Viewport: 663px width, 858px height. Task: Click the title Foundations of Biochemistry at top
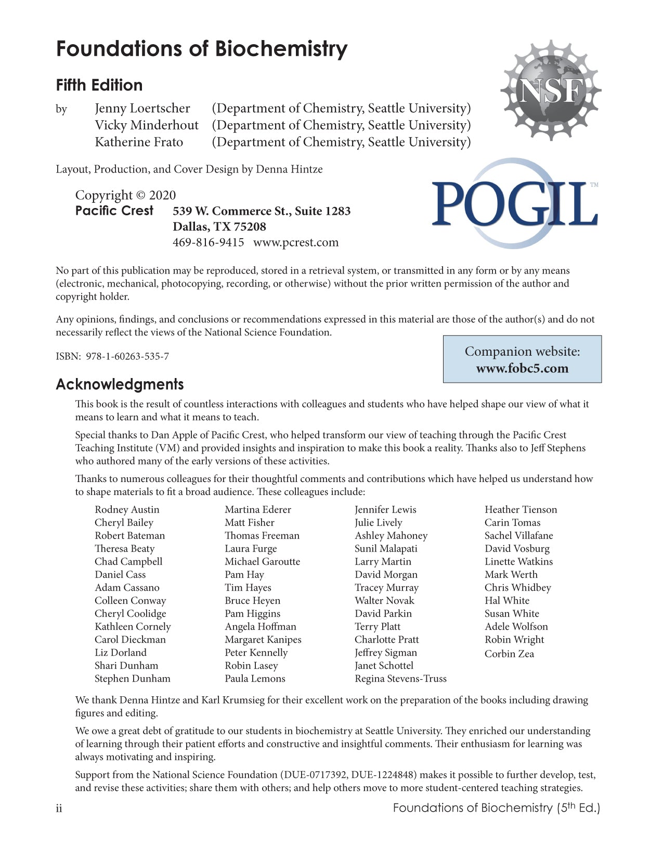tap(202, 49)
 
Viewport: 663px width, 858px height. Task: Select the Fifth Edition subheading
tap(99, 85)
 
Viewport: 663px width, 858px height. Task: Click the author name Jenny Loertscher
tap(142, 109)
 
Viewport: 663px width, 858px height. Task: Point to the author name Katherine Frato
tap(138, 142)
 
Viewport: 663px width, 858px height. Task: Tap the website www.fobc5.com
tap(522, 369)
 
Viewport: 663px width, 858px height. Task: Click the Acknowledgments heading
tap(120, 385)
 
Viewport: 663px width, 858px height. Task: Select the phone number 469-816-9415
tap(208, 242)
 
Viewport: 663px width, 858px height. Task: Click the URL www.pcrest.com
tap(295, 242)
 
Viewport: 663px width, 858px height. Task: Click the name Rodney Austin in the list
tap(127, 510)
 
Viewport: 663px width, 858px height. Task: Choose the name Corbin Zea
tap(509, 654)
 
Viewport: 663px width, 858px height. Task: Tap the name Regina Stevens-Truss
tap(400, 679)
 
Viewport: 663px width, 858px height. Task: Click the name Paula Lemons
tap(255, 679)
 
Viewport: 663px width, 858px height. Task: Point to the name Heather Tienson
tap(521, 510)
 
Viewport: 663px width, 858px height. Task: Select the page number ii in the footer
tap(59, 809)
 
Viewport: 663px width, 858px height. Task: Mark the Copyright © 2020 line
tap(125, 196)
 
